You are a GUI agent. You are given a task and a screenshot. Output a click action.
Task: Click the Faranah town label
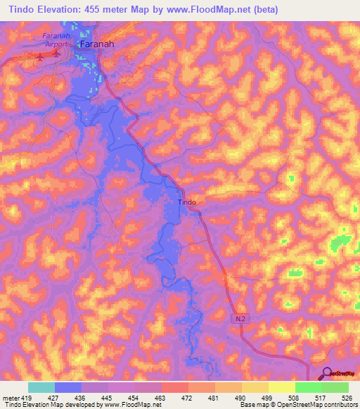[x=97, y=44]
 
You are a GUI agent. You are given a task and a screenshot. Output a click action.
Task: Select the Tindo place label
[x=187, y=202]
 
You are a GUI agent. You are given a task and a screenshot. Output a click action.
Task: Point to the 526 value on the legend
[x=347, y=398]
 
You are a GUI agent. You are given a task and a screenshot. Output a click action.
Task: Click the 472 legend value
[x=187, y=398]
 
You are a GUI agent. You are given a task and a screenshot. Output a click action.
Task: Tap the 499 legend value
[x=267, y=398]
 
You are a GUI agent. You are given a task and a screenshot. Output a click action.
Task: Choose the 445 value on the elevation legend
[x=107, y=398]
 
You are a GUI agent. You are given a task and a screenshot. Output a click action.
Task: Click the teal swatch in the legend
[x=41, y=388]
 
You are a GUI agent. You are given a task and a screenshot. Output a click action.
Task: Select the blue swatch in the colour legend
[x=67, y=388]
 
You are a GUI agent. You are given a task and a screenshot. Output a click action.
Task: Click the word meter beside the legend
[x=10, y=398]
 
